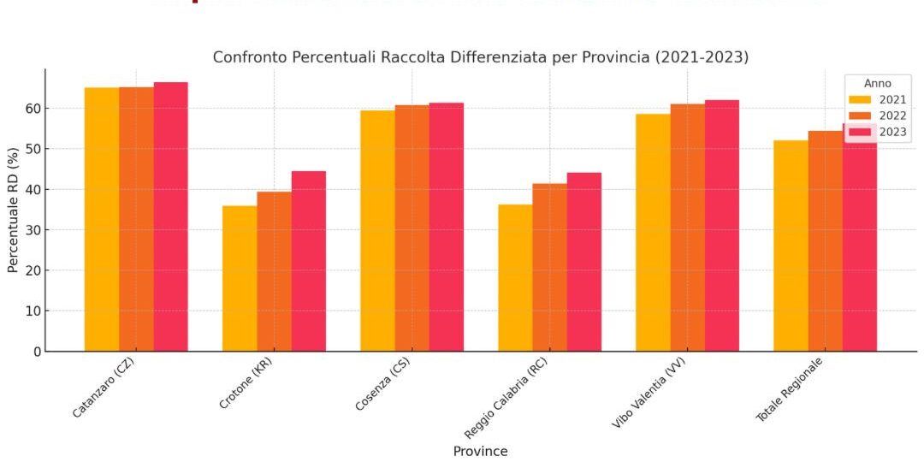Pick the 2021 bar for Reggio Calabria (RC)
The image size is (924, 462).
(x=515, y=277)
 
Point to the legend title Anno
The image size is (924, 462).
(x=877, y=84)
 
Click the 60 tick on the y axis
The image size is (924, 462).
(x=33, y=109)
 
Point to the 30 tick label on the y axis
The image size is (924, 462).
(x=33, y=230)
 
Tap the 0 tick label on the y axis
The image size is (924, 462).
(x=36, y=352)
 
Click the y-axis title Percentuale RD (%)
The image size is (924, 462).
(x=13, y=210)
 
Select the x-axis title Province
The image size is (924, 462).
(x=480, y=451)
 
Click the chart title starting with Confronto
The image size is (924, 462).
(x=480, y=57)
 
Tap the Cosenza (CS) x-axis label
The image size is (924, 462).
(x=382, y=386)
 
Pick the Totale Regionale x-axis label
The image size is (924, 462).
(x=789, y=390)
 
